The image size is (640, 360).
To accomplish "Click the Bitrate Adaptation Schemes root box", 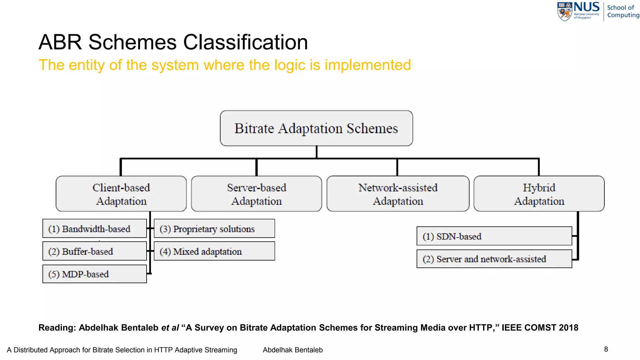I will pos(316,128).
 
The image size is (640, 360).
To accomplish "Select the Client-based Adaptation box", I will pos(121,194).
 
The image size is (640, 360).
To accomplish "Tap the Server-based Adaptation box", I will pos(256,194).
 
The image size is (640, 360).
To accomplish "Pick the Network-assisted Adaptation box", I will pos(398,194).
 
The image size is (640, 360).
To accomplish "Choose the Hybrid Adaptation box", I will pos(539,194).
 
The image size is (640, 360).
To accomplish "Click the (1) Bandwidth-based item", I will pos(94,229).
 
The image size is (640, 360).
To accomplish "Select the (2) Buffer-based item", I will pos(94,251).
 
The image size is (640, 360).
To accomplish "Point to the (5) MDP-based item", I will pos(94,274).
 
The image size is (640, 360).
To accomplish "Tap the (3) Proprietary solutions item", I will pos(214,229).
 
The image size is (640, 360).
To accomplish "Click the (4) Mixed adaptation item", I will pos(214,251).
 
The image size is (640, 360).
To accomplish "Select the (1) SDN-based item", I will pos(494,236).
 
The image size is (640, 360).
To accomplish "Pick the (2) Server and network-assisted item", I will pos(494,259).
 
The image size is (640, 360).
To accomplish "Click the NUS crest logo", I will pos(564,12).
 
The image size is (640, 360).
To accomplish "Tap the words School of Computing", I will pos(622,11).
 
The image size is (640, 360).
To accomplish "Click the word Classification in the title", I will pos(245,42).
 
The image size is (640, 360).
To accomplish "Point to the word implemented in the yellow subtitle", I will pos(367,65).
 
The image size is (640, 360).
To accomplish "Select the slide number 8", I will pos(606,349).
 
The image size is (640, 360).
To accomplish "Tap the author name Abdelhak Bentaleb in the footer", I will pos(292,350).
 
